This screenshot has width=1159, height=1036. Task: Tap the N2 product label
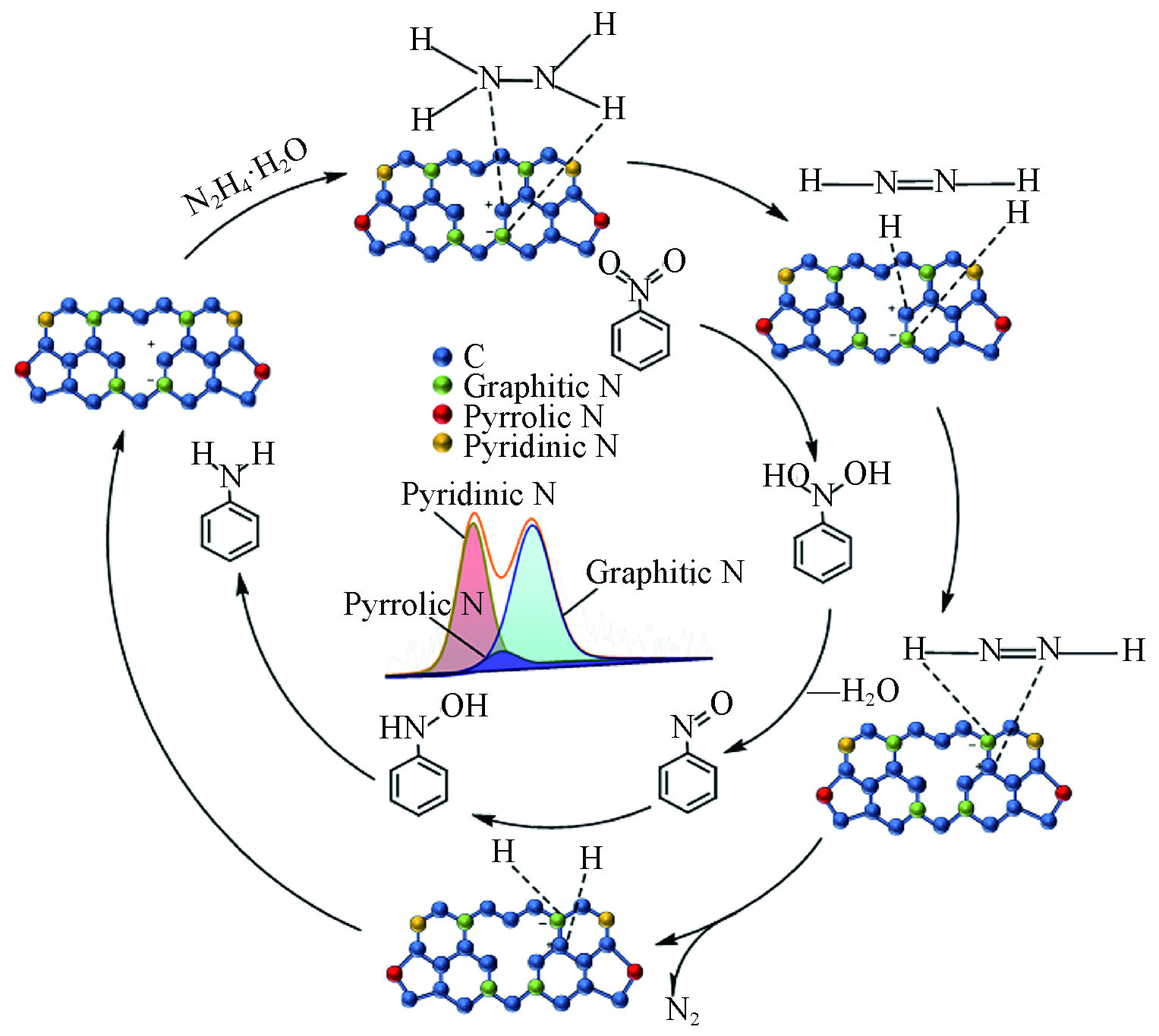pos(682,1010)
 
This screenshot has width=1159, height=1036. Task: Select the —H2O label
pos(853,691)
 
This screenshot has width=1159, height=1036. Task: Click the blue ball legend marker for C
pos(442,356)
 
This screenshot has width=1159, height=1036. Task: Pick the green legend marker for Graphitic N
pos(442,386)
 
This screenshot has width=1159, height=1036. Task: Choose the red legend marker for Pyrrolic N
pos(442,415)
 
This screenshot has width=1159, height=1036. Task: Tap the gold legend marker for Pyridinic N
pos(442,445)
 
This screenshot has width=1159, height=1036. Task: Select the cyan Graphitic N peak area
pos(536,600)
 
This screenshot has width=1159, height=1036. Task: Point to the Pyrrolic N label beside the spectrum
pos(413,604)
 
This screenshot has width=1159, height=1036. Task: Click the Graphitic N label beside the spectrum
pos(664,572)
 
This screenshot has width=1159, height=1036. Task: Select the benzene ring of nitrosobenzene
pos(688,782)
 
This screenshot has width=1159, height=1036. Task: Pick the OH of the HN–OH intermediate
pos(465,707)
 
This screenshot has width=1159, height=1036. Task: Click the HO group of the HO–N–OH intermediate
pos(783,477)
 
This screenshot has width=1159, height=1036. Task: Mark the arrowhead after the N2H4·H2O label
pos(338,176)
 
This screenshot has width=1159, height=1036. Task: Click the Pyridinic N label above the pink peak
pos(478,494)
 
